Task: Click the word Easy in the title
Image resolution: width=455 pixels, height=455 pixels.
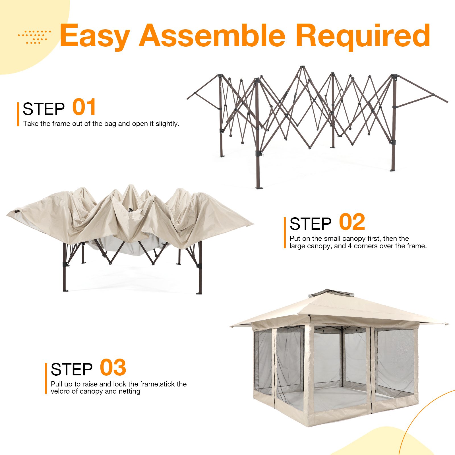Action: tap(95, 36)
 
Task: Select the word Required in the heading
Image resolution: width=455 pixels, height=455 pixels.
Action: tap(363, 36)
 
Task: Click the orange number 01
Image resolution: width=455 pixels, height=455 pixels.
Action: tap(84, 107)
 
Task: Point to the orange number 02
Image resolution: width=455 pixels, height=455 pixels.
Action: tap(352, 222)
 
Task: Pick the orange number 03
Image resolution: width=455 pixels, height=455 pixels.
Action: tap(113, 368)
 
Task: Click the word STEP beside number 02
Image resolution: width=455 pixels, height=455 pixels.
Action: tap(310, 224)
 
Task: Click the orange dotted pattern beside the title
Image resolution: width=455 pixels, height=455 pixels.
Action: tap(35, 37)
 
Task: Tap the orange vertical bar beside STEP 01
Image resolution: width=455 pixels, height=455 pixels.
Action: tap(18, 114)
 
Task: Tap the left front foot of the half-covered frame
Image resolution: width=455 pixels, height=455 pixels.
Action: tap(65, 290)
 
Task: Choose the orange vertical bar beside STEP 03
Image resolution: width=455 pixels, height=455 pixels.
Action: tap(46, 378)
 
